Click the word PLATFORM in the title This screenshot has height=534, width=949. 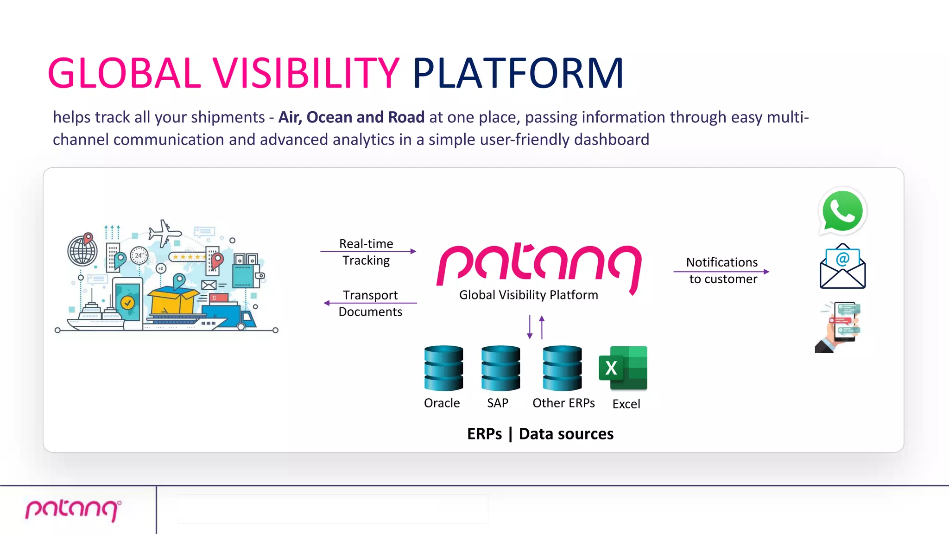pos(518,73)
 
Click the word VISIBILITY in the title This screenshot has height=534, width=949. pos(306,73)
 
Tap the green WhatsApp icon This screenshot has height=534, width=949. pos(842,211)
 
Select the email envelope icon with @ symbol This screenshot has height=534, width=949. pos(842,267)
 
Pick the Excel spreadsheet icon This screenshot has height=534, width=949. pos(623,368)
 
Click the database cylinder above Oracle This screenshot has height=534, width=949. pos(443,368)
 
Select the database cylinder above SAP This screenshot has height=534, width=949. pos(500,368)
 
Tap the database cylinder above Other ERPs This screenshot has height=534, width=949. pos(562,368)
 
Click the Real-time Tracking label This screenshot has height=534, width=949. pos(366,252)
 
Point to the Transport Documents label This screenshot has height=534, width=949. pos(370,303)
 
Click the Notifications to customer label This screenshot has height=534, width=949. pos(722,271)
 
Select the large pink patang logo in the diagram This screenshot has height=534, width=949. pos(539,265)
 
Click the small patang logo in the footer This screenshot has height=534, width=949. pos(73,510)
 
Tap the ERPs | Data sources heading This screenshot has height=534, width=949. pos(540,434)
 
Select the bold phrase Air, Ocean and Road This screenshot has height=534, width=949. pos(351,117)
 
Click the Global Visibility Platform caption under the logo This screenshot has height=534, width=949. pos(528,295)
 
